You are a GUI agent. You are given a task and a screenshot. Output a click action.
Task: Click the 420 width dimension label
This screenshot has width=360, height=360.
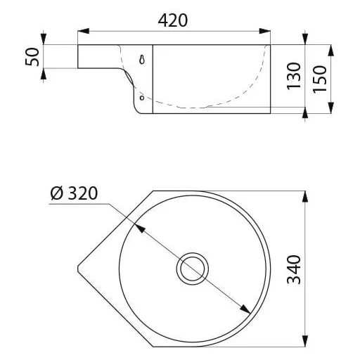(173, 20)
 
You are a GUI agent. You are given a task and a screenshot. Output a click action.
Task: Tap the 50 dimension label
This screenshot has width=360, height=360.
(32, 57)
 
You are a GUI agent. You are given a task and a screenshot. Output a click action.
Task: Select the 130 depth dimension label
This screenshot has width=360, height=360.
(294, 76)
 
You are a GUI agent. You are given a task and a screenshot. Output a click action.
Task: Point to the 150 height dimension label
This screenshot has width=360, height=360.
(320, 79)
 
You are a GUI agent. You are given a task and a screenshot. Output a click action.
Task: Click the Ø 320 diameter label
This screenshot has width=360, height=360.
(74, 193)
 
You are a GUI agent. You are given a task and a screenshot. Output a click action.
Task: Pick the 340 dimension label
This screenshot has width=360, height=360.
(294, 269)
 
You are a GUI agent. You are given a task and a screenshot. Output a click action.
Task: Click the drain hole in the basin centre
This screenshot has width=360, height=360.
(193, 269)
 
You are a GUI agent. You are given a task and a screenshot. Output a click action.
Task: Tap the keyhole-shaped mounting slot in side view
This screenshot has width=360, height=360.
(142, 60)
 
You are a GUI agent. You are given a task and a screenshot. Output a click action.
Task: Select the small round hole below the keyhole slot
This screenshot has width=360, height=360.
(142, 98)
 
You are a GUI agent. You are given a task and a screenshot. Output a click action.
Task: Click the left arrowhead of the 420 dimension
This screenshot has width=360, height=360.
(84, 31)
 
